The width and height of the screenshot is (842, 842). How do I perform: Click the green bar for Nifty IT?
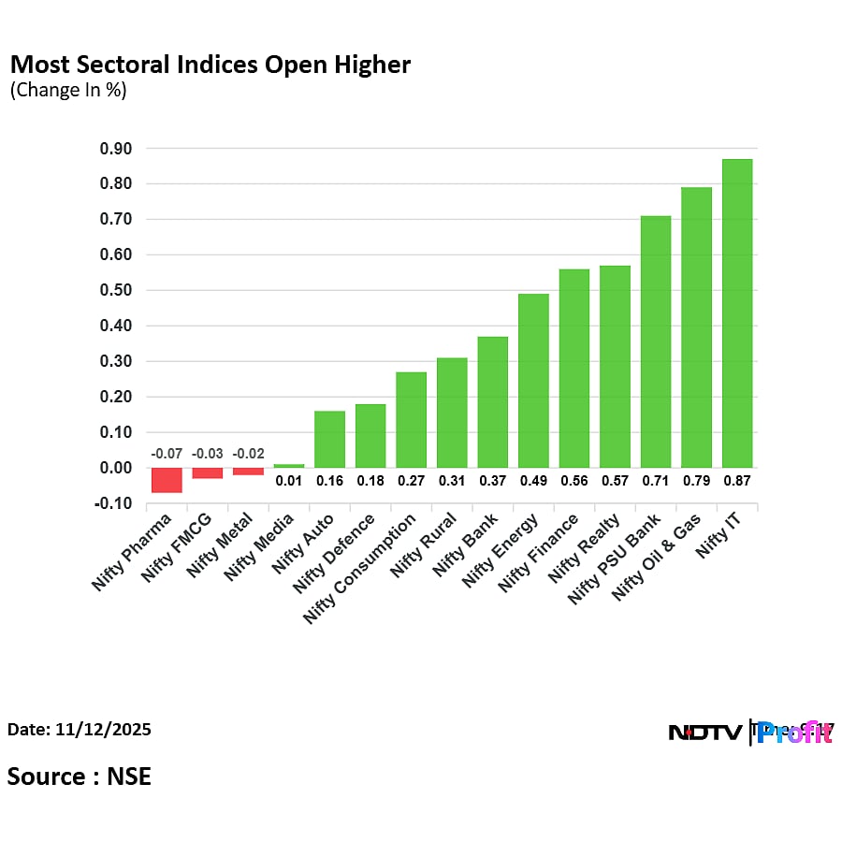737,313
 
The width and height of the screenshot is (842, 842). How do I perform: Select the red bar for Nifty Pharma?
167,479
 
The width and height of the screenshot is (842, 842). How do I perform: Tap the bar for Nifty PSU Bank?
656,341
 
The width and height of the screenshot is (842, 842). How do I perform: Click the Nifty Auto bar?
329,439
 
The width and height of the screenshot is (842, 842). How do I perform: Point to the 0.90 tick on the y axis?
116,149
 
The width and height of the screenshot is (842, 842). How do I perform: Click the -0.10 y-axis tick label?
114,503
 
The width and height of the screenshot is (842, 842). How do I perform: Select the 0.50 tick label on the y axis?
116,291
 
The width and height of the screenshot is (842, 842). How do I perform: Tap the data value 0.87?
737,481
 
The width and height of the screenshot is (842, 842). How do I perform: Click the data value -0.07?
167,454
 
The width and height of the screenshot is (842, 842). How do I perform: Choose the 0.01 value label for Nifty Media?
288,481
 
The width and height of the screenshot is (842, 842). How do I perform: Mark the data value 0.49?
533,481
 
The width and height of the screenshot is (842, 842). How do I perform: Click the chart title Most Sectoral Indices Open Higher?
210,65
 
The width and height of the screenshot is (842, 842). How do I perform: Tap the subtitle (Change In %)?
67,91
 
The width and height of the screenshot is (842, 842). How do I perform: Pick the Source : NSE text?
80,776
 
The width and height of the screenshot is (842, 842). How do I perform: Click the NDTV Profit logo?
750,733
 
